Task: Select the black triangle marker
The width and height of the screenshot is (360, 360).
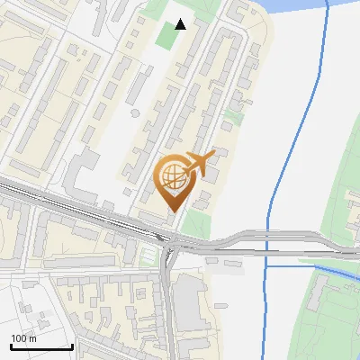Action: click(x=181, y=24)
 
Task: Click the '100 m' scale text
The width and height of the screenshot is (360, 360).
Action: click(x=24, y=338)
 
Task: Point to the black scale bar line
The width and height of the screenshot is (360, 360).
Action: click(x=41, y=346)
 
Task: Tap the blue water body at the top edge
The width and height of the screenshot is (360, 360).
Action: click(x=297, y=4)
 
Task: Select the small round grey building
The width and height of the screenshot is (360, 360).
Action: click(x=135, y=113)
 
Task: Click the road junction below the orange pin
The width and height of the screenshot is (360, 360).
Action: click(x=169, y=245)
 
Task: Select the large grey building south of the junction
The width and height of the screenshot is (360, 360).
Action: click(x=188, y=301)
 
